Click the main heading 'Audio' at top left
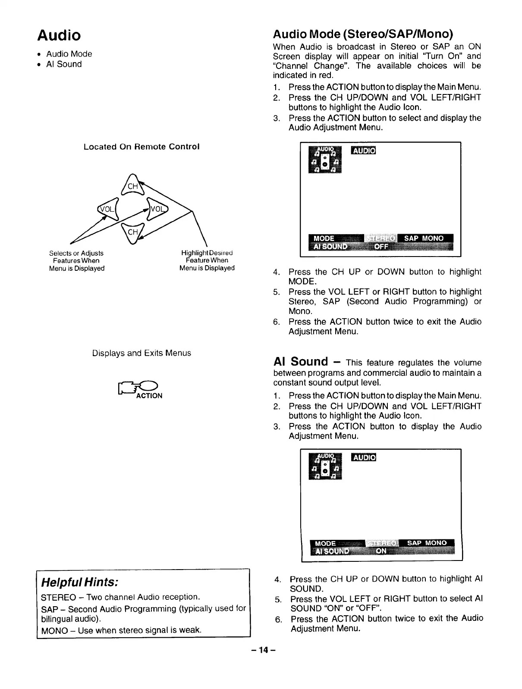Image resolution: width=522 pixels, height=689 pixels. point(59,35)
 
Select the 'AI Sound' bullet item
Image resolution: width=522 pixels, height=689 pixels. point(64,64)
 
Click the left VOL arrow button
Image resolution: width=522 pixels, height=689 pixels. point(107,210)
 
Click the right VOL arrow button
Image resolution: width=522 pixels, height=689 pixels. point(157,209)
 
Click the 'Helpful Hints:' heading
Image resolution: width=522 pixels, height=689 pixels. point(79,582)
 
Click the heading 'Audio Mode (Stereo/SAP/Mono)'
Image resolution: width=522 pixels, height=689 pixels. point(363,34)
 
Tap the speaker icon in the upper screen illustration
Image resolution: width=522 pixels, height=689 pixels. point(325,159)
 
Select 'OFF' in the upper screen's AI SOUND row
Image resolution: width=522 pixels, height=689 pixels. point(381,247)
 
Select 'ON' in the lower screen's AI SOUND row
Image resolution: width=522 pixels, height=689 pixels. point(381,551)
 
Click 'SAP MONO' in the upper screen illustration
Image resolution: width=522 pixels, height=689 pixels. point(423,238)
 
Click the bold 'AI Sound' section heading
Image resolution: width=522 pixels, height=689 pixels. point(301,361)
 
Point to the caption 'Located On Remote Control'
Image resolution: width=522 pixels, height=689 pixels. point(142,147)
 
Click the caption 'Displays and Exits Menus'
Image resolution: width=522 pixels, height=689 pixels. point(142,353)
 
